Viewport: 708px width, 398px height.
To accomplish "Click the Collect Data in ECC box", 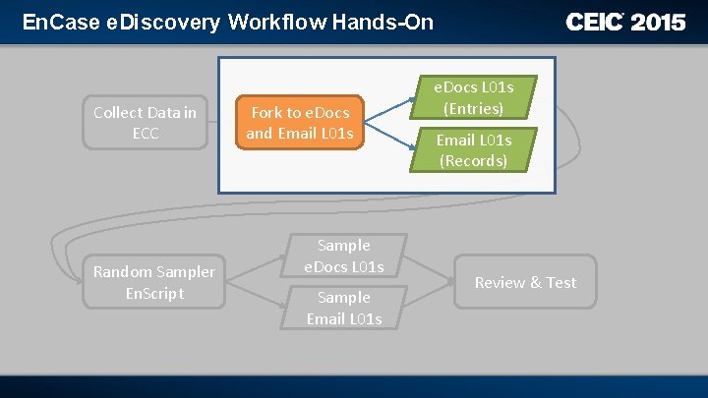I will [145, 123].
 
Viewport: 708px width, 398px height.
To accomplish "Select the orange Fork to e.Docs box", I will [300, 123].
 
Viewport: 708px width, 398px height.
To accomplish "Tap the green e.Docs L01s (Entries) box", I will [473, 97].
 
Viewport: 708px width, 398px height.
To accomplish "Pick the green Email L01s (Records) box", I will [473, 149].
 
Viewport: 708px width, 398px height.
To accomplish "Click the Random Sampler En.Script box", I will [153, 282].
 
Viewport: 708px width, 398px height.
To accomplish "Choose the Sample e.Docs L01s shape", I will [343, 256].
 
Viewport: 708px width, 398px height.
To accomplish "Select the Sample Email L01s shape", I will [343, 308].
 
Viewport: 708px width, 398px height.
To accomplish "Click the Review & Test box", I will [525, 283].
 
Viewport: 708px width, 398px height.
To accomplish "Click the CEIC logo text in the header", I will [595, 22].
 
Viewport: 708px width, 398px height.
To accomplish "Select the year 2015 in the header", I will [658, 22].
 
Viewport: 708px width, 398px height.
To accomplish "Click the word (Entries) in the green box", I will [473, 108].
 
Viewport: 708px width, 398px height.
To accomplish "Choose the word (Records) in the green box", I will [473, 160].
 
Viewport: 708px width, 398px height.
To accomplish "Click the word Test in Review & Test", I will [560, 283].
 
